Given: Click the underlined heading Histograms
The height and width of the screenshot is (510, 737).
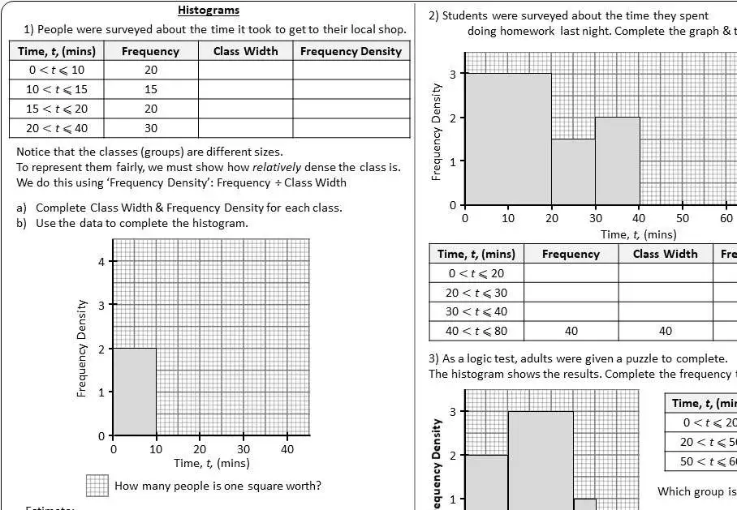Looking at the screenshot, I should pyautogui.click(x=209, y=11).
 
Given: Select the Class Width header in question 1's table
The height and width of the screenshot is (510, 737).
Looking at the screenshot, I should pyautogui.click(x=245, y=51).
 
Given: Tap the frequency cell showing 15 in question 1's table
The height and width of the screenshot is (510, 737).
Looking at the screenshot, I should pyautogui.click(x=151, y=89).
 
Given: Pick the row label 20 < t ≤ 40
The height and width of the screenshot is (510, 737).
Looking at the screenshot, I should pyautogui.click(x=57, y=128).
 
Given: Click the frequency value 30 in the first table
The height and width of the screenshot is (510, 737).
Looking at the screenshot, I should pyautogui.click(x=151, y=128).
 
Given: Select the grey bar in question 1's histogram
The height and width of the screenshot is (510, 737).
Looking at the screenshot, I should pyautogui.click(x=135, y=392).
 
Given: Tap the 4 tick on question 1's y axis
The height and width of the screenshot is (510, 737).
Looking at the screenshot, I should pyautogui.click(x=101, y=261).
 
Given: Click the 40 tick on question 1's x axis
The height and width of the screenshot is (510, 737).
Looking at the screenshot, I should pyautogui.click(x=287, y=449).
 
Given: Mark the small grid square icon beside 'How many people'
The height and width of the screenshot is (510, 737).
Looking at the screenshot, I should pyautogui.click(x=97, y=486).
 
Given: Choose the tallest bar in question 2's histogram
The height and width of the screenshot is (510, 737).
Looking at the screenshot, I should pyautogui.click(x=508, y=139).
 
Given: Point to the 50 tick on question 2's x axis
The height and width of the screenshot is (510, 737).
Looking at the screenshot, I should pyautogui.click(x=683, y=218).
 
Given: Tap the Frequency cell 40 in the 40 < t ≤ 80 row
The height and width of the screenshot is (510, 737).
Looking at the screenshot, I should pyautogui.click(x=571, y=331).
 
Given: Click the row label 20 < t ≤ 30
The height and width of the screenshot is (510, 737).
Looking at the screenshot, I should pyautogui.click(x=476, y=293).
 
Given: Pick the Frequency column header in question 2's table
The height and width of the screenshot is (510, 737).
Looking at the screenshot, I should pyautogui.click(x=571, y=254).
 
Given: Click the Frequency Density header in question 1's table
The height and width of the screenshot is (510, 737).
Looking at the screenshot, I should pyautogui.click(x=351, y=51).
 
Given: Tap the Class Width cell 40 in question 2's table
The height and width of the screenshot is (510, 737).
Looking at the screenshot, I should pyautogui.click(x=665, y=331).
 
